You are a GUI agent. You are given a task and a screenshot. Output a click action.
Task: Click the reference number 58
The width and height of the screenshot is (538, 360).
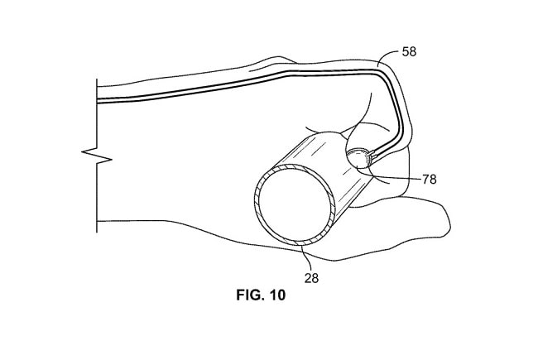[409, 51]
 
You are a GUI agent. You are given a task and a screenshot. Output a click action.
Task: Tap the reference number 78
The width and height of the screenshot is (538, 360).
[429, 179]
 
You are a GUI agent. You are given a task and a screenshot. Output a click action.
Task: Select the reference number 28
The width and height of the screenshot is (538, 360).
[311, 278]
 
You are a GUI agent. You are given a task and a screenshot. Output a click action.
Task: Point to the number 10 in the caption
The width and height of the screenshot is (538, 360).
[277, 295]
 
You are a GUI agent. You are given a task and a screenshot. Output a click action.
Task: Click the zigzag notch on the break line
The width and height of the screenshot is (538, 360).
[97, 155]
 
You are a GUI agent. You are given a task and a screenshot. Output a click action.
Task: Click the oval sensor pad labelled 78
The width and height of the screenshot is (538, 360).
[358, 158]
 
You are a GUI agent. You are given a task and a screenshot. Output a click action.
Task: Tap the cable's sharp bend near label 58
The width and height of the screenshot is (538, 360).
[383, 73]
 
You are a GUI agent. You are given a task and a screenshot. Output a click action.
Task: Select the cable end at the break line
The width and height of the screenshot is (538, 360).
[98, 101]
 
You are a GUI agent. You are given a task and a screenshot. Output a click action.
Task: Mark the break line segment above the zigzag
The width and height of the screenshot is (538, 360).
[97, 115]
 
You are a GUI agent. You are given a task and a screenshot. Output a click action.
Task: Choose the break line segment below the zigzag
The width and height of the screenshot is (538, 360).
[97, 197]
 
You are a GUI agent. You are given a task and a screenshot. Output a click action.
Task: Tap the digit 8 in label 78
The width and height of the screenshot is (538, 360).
[433, 179]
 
